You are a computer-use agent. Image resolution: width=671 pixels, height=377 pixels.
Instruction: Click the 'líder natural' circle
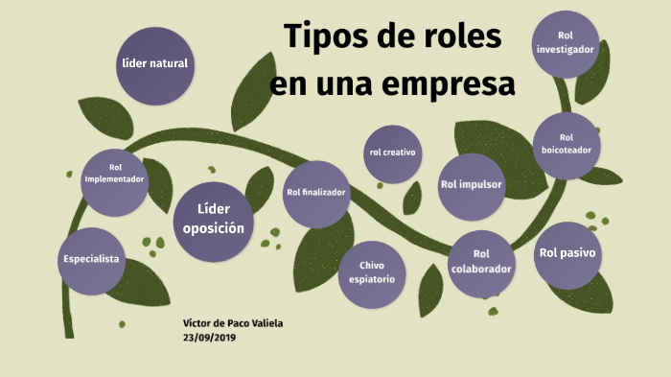pos(153,65)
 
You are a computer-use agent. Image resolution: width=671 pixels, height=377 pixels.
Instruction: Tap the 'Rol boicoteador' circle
pos(566,144)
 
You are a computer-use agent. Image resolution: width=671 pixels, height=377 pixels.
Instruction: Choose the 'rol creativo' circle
pos(394,153)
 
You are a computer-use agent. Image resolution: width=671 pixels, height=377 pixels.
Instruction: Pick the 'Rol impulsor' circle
pos(471,184)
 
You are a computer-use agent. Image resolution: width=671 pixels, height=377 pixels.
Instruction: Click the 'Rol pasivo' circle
pos(567,254)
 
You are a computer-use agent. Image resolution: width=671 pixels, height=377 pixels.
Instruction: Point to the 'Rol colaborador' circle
pos(481,263)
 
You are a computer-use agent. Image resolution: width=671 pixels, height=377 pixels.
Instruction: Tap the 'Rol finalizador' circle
pos(316,193)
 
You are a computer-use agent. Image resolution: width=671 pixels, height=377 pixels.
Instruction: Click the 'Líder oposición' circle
pos(214,220)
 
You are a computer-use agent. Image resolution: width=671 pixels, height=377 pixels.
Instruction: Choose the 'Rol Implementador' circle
pos(115,180)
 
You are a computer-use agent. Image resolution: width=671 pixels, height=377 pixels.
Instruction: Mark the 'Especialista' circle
pos(91,260)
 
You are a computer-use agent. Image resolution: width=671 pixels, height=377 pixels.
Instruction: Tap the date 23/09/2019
pos(209,338)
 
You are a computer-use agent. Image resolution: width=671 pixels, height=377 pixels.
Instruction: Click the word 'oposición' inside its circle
pos(214,229)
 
